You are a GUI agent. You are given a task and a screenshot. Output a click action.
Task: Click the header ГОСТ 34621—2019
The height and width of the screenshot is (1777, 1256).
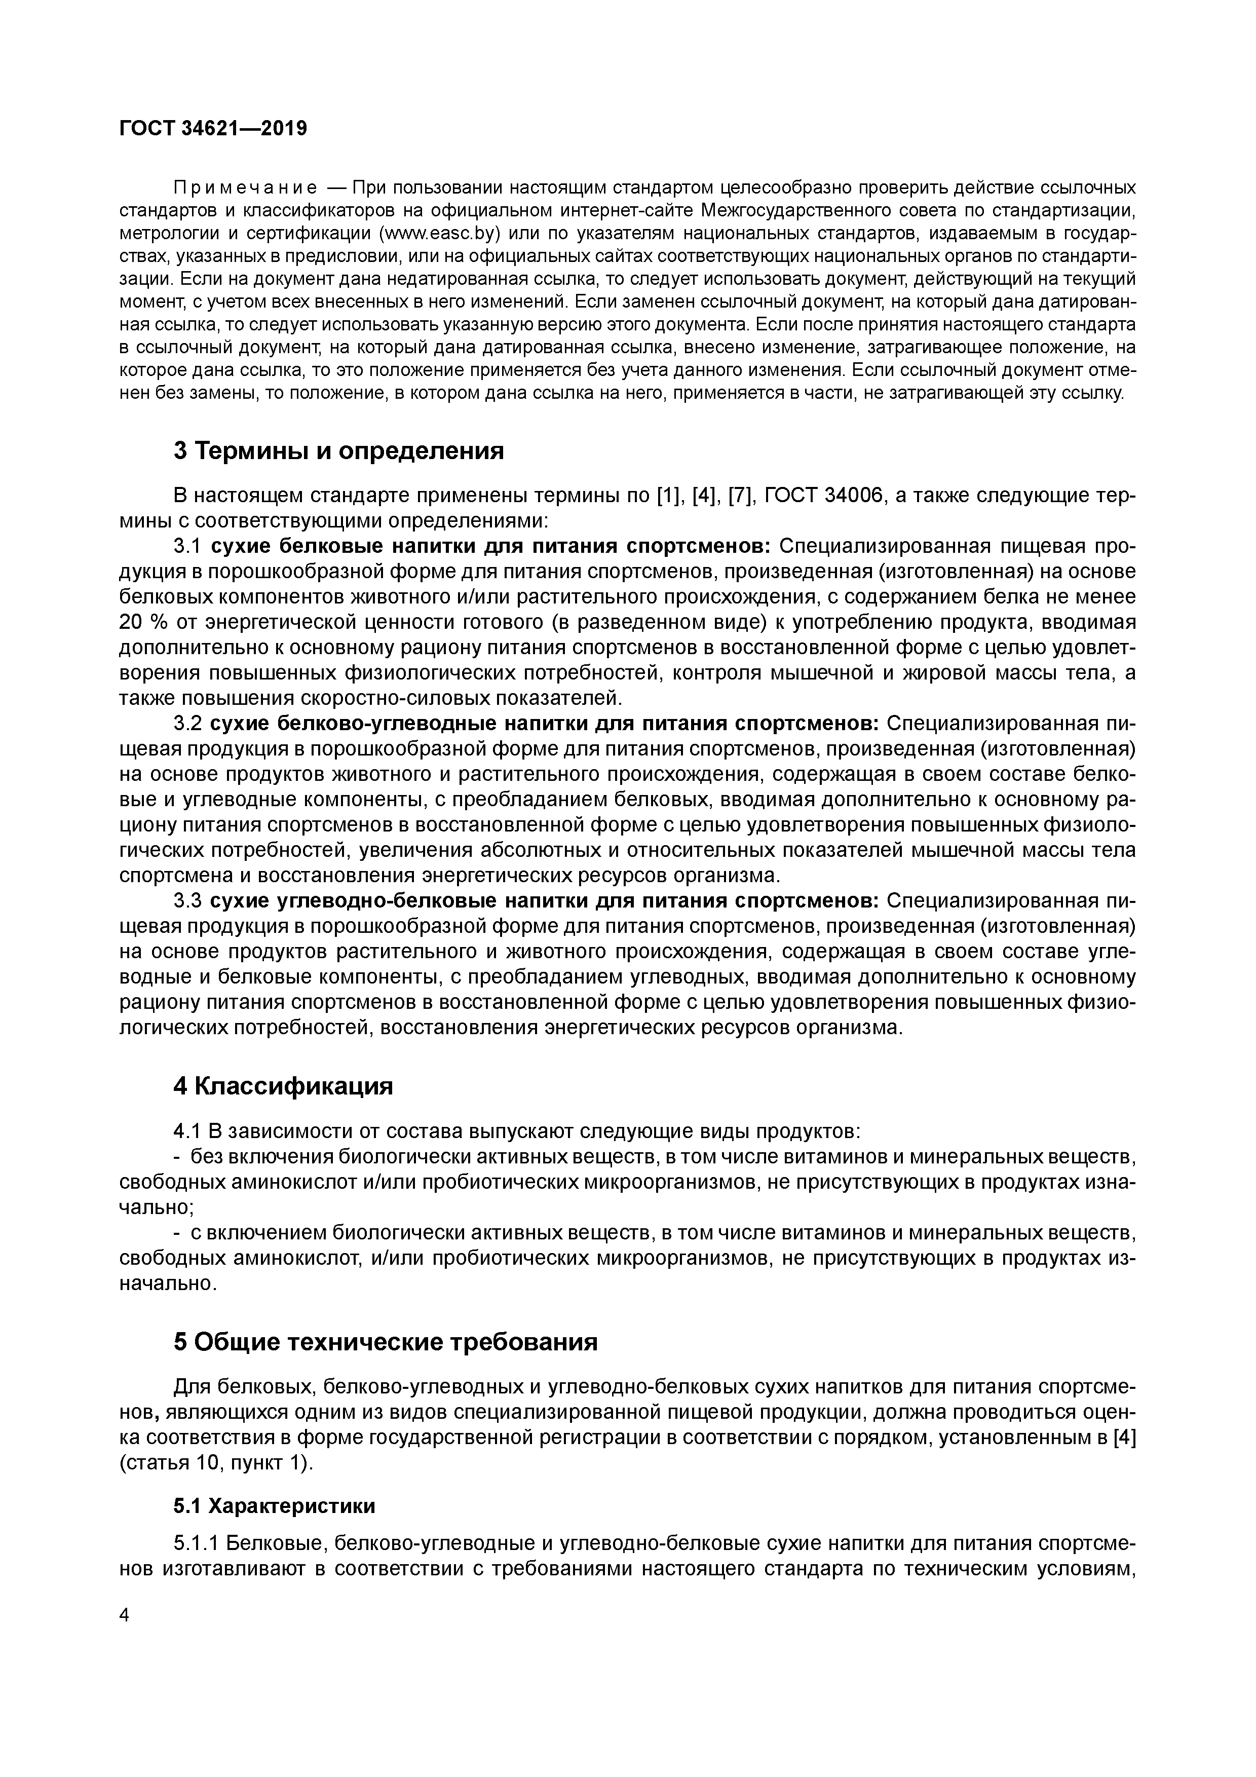[x=213, y=129]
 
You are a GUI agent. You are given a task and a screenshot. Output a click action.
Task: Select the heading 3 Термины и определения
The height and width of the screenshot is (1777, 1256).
[x=338, y=450]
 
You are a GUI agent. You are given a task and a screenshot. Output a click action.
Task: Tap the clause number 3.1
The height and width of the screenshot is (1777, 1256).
[x=188, y=546]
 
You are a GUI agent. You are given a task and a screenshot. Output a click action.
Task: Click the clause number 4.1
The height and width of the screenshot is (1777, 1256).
[x=187, y=1131]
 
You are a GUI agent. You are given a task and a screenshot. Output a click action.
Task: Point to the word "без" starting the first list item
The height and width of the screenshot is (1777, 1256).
[x=205, y=1157]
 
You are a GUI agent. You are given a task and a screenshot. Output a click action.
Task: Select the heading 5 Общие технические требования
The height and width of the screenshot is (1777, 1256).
[x=386, y=1341]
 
